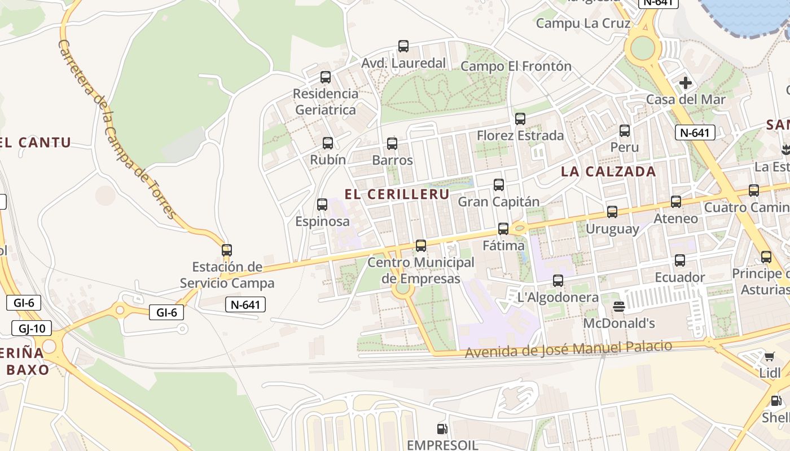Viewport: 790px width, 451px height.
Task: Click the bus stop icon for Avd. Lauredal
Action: point(403,46)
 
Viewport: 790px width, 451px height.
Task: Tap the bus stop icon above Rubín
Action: point(328,143)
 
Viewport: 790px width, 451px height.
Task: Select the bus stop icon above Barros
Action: point(392,143)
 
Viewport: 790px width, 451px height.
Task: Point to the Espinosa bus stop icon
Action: point(322,205)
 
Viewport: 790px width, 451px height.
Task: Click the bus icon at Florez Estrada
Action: point(520,119)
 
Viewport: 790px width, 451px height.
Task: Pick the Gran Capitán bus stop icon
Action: point(499,185)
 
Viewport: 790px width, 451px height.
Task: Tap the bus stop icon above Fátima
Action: point(503,229)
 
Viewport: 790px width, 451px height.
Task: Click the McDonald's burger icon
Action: point(619,307)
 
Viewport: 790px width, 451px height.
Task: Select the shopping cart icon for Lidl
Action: point(770,356)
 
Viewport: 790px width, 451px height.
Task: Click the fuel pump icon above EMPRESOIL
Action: point(442,429)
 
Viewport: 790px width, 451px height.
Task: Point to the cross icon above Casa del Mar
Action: point(686,83)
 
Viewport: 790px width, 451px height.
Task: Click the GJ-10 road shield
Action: point(32,328)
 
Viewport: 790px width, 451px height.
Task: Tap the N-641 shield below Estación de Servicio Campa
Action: point(245,305)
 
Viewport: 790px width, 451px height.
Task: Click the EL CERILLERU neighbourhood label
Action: point(397,194)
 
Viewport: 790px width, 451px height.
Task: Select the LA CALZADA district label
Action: point(608,171)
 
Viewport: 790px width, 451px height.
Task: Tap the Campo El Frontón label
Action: point(516,67)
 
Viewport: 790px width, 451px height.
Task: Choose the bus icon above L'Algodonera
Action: point(558,281)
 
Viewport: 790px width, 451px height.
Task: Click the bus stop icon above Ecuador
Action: point(680,260)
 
